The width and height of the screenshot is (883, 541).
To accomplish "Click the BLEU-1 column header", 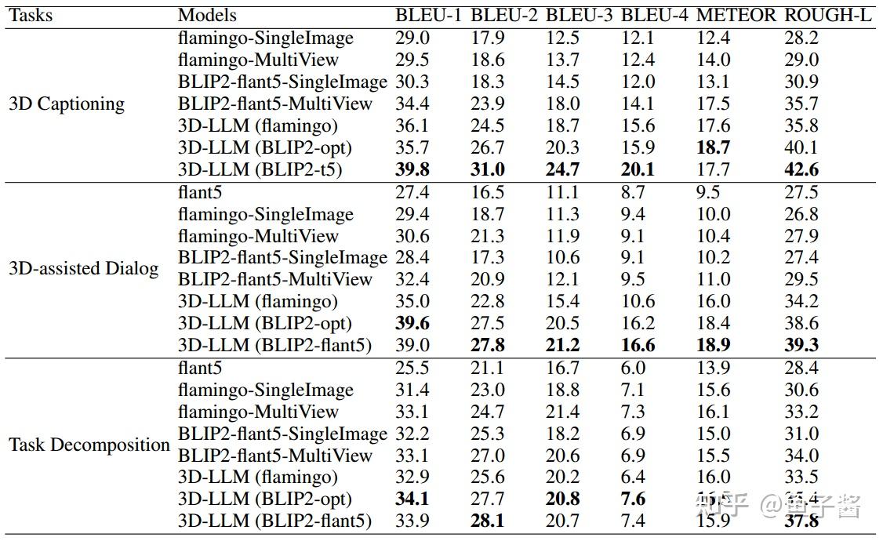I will [428, 15].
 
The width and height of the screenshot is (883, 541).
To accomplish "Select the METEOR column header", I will [736, 15].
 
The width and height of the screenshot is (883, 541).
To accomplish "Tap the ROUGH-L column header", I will [828, 15].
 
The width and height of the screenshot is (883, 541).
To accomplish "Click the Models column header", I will [207, 15].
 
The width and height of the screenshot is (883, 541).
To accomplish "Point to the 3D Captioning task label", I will [67, 103].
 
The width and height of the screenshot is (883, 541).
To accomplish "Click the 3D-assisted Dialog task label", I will [84, 268].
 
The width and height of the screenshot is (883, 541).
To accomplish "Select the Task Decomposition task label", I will [89, 445].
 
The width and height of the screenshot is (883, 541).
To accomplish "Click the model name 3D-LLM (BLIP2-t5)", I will [260, 169].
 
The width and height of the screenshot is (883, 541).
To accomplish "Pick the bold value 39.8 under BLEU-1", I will [413, 169].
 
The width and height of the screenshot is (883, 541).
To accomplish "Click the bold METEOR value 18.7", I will [713, 147].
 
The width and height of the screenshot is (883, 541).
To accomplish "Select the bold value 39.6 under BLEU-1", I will [413, 323].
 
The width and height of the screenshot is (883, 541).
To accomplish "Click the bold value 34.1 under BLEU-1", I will [413, 499].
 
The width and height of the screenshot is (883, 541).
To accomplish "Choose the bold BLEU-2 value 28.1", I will [488, 521].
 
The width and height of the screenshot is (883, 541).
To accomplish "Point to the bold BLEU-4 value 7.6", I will [633, 499].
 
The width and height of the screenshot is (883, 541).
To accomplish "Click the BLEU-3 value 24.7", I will [563, 169].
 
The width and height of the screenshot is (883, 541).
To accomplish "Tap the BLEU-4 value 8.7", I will [632, 192].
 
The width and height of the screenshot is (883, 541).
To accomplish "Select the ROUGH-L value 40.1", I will [801, 147].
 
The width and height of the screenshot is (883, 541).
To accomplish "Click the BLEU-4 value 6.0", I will [632, 368].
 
